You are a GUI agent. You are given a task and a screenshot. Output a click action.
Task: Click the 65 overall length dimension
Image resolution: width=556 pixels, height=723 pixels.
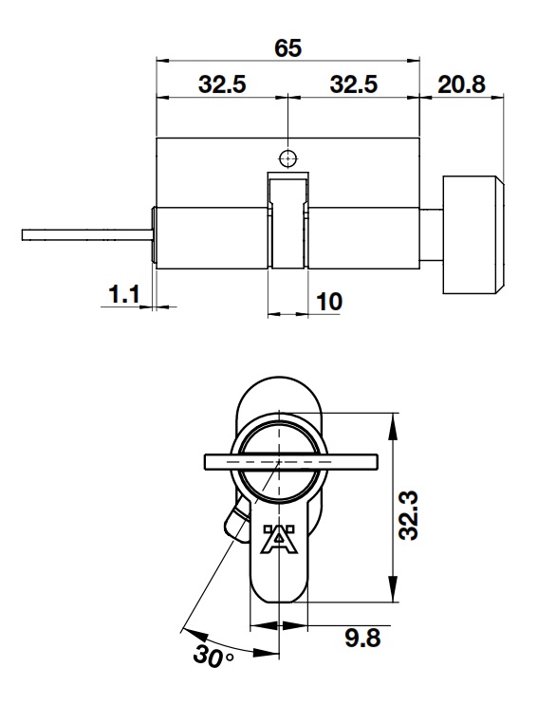(x=288, y=47)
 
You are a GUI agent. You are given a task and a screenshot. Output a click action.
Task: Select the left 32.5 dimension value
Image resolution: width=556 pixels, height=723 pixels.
(x=222, y=83)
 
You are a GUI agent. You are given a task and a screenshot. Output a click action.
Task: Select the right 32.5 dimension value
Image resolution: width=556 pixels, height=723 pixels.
(x=353, y=83)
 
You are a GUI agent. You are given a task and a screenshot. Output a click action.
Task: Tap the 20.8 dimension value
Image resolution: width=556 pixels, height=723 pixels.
(x=461, y=83)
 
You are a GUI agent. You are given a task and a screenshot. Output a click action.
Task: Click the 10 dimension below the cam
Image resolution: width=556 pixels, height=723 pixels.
(x=328, y=302)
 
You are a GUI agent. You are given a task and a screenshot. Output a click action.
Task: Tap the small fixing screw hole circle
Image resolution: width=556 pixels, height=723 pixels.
(x=287, y=158)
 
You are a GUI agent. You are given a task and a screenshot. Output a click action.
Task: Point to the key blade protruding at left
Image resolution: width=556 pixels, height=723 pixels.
(x=85, y=233)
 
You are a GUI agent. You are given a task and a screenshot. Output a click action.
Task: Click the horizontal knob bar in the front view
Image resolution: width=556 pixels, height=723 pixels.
(x=289, y=462)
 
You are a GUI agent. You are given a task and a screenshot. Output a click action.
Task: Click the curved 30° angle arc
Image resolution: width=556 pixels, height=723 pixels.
(x=228, y=645)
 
